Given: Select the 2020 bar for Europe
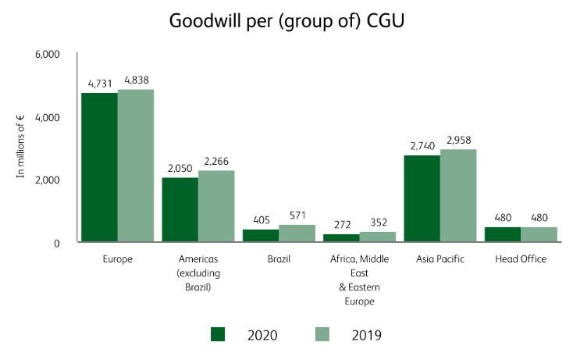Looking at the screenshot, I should tap(99, 167).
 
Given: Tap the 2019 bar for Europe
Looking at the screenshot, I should tap(136, 166).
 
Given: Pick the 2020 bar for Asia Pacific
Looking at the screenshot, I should tap(422, 198).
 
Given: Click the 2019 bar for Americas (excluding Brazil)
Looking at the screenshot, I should tap(216, 206).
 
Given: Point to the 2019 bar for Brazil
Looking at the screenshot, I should tap(297, 233).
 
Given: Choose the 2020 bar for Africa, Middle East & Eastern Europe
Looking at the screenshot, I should tap(341, 238).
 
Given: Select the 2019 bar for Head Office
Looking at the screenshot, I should tap(539, 234).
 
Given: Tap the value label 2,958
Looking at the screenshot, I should tap(459, 141).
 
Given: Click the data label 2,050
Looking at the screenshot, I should tap(180, 169).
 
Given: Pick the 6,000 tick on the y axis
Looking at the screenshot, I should tap(48, 55).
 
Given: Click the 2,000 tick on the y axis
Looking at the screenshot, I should tap(48, 180).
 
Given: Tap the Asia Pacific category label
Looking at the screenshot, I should tap(440, 258).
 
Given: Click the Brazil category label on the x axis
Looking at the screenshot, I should tap(279, 258).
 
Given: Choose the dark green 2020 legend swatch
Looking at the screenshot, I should tap(218, 334).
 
